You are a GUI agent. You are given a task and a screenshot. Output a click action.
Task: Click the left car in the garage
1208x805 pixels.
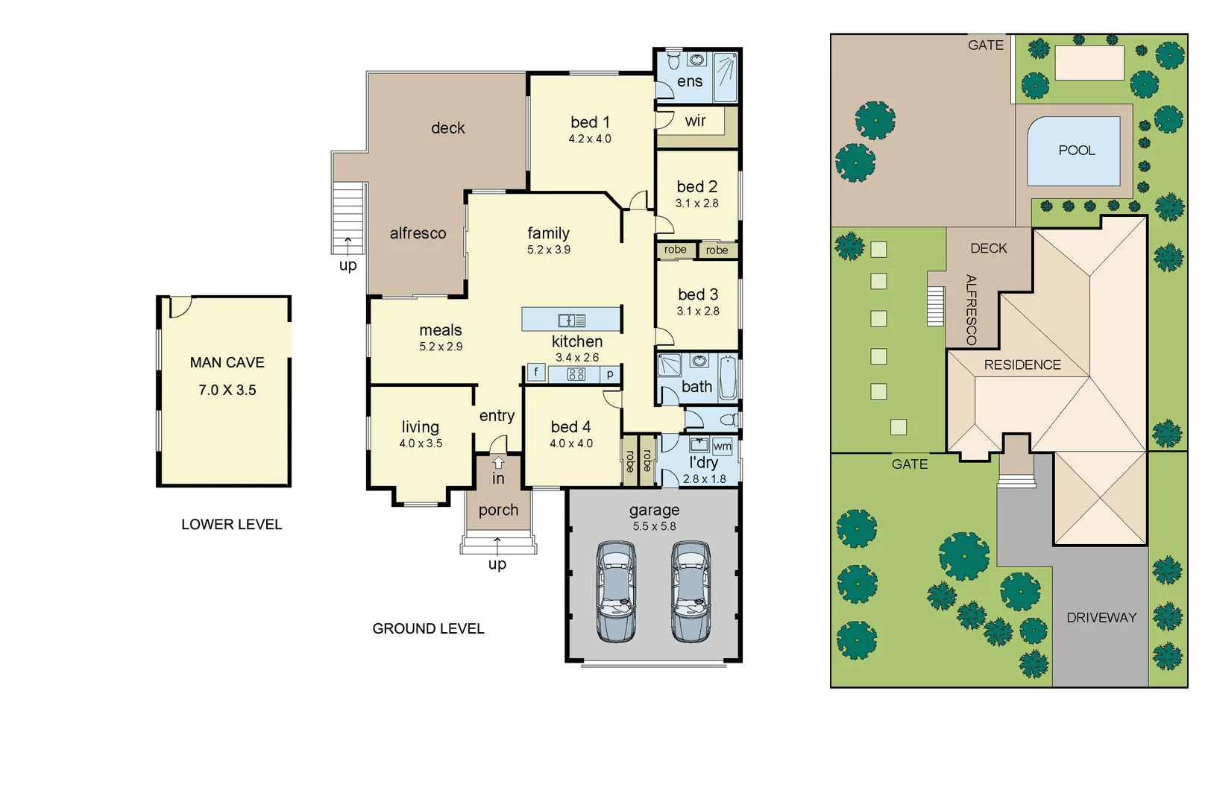[x=617, y=592]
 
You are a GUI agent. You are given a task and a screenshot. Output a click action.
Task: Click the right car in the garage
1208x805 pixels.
[x=691, y=592]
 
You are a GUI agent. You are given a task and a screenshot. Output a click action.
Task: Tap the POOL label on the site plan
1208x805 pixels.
[x=1077, y=151]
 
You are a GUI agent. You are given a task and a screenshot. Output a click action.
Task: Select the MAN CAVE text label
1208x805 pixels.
[x=227, y=363]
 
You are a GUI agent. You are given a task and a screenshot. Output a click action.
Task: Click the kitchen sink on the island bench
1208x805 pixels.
[x=571, y=321]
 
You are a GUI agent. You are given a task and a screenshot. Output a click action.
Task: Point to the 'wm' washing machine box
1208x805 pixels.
[x=722, y=446]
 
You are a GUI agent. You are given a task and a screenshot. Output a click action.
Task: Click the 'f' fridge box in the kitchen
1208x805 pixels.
[x=535, y=372]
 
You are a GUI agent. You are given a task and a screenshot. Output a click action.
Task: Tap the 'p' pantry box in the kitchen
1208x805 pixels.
[x=610, y=374]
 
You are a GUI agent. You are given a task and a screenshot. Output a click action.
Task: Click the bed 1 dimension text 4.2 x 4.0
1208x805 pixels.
[x=590, y=139]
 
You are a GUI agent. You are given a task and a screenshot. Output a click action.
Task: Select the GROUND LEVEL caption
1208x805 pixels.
[x=428, y=629]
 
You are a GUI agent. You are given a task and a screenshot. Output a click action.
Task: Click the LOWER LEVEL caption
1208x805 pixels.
[x=231, y=525]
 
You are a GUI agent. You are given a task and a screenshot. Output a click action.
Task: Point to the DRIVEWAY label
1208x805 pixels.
[x=1101, y=618]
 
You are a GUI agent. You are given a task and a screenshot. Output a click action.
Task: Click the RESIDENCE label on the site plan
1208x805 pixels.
[x=1022, y=365]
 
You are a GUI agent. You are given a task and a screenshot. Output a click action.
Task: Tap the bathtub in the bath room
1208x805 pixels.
[x=728, y=379]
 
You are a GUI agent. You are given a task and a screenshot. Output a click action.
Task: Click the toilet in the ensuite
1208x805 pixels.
[x=673, y=60]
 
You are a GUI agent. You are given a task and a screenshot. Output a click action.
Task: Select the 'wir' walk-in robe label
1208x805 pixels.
[x=695, y=121]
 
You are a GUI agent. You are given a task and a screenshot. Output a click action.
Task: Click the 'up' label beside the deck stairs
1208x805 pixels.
[x=347, y=265]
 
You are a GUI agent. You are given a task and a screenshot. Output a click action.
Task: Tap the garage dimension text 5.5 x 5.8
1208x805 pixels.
[x=654, y=526]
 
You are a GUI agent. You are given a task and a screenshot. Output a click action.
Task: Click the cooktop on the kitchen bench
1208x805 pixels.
[x=576, y=374]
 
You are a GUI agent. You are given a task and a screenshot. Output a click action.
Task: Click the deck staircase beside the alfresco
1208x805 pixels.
[x=347, y=216]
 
